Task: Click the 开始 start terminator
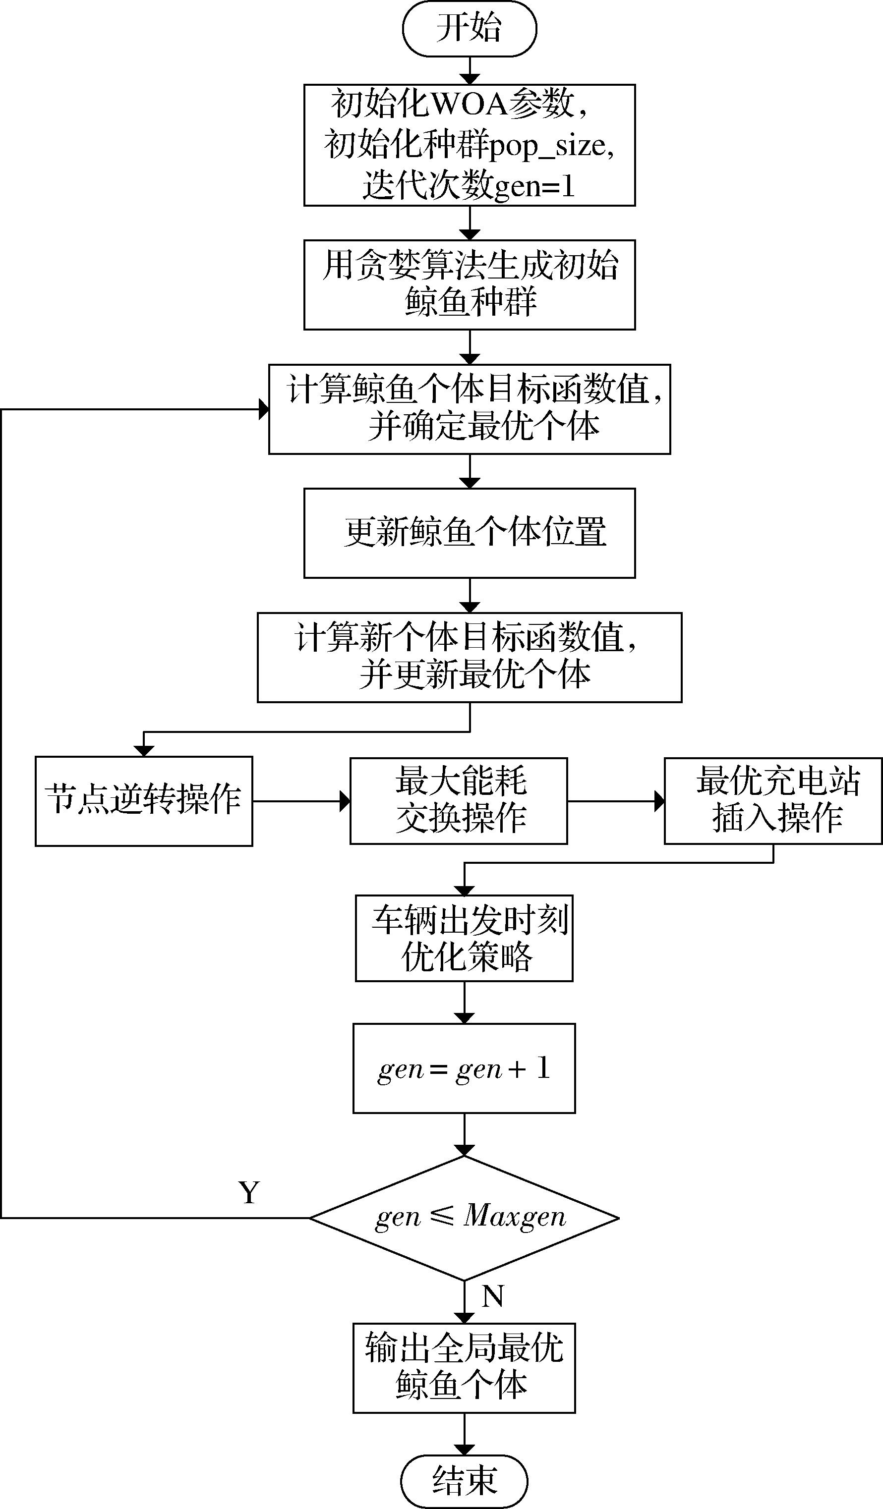point(469,29)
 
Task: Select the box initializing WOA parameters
point(469,145)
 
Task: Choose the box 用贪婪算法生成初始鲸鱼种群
point(469,284)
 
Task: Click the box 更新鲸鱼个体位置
point(469,533)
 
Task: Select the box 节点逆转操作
point(144,801)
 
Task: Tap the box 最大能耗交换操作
point(458,801)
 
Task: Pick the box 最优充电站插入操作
point(773,801)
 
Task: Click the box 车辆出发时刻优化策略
point(464,938)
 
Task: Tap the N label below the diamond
point(492,1296)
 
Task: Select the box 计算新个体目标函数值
point(469,657)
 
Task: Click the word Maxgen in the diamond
point(515,1216)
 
